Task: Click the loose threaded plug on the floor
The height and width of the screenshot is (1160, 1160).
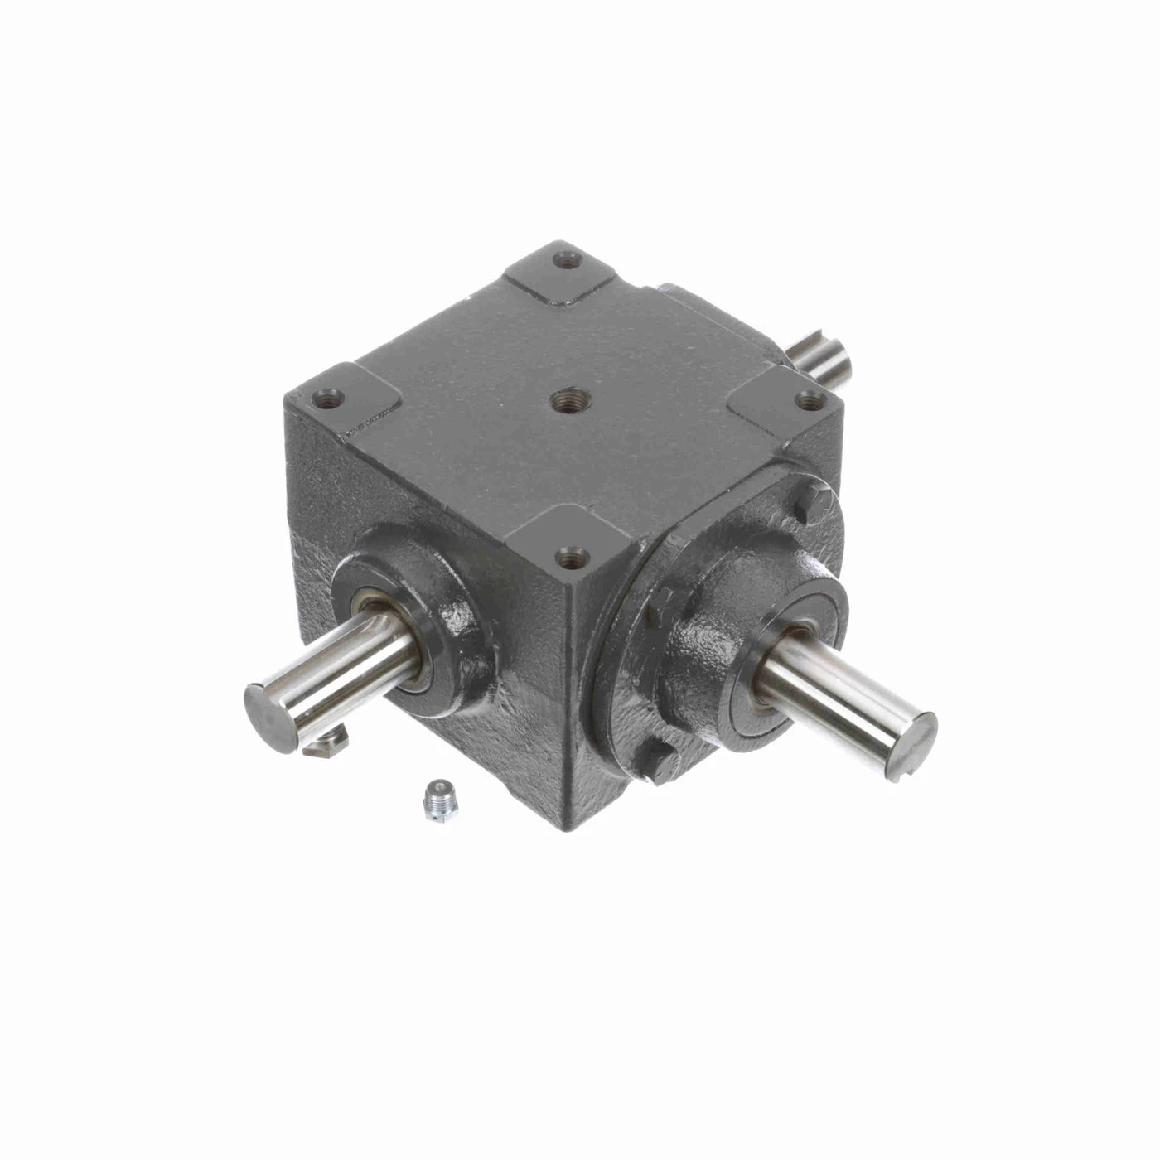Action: click(x=432, y=800)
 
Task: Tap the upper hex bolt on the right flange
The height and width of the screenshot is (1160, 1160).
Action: click(x=803, y=508)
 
